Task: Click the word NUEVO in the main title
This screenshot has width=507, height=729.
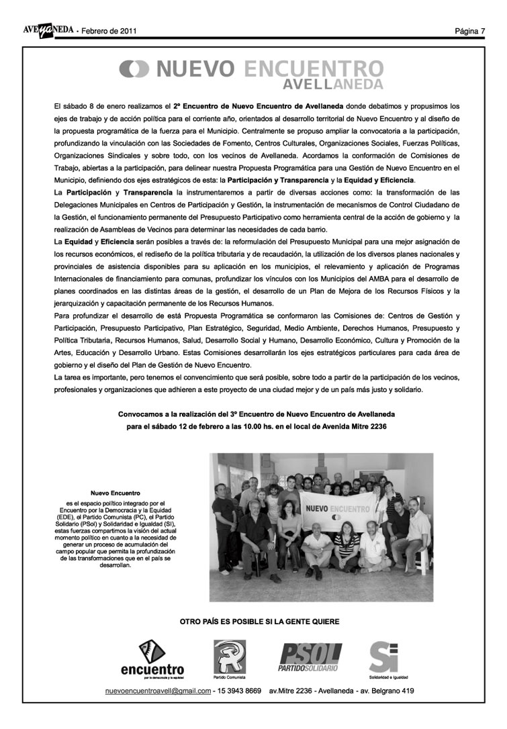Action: click(x=196, y=69)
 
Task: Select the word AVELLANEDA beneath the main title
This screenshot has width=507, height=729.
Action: click(x=333, y=85)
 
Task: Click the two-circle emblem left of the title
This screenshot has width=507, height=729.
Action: click(x=134, y=69)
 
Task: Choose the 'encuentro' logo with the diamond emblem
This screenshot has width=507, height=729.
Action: click(x=152, y=659)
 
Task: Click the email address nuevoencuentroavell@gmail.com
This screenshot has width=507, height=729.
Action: click(x=158, y=691)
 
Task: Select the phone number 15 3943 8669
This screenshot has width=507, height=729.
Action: click(x=238, y=691)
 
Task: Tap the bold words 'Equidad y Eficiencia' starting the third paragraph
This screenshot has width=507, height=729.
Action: click(x=98, y=240)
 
